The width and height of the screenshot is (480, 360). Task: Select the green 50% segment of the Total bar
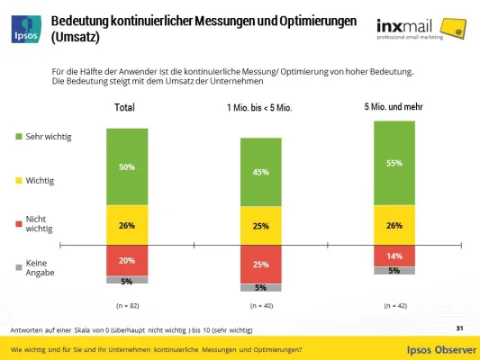tap(126, 166)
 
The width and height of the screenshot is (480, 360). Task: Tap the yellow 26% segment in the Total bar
tap(126, 225)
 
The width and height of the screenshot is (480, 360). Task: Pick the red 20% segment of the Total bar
tap(126, 260)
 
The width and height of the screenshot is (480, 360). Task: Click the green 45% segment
tap(260, 172)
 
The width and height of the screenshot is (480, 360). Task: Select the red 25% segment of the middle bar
tap(260, 265)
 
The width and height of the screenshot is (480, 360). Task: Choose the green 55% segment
tap(394, 163)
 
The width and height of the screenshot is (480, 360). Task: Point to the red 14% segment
tap(394, 256)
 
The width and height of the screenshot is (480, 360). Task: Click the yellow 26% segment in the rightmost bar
tap(394, 225)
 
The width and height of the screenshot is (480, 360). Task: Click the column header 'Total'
tap(125, 108)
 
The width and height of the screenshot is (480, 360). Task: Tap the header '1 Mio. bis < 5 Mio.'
tap(259, 108)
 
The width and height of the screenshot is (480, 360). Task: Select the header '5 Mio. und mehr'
tap(394, 107)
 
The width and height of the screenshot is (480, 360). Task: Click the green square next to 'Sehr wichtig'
tap(19, 137)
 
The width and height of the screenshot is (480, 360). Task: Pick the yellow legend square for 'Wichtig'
tap(19, 181)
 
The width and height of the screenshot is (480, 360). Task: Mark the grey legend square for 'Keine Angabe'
tap(19, 266)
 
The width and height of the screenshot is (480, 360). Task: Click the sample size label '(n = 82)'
tap(127, 305)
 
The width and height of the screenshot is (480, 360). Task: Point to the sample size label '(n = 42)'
tap(394, 305)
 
